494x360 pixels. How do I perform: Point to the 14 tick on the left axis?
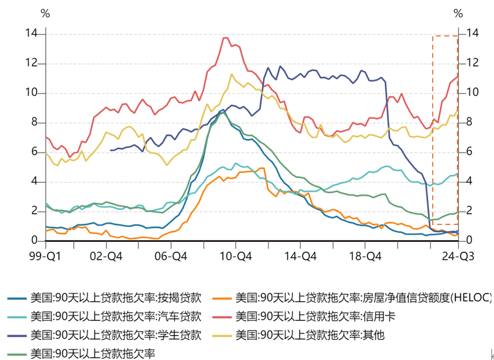click(31, 33)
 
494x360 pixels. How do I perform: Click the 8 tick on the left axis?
click(33, 122)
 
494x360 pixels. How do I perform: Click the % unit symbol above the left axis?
click(44, 12)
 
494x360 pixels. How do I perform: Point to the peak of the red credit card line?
click(226, 38)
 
